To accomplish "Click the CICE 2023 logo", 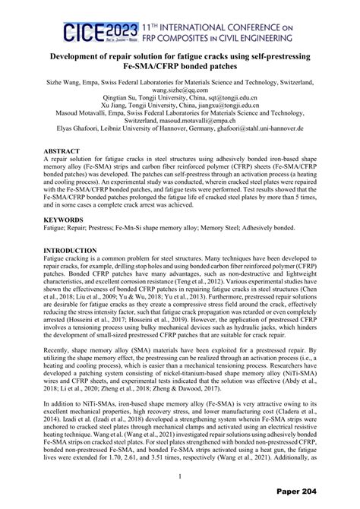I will click(92, 30).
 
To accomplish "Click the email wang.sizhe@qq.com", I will click(179, 89).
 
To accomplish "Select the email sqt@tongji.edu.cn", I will click(229, 97).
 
